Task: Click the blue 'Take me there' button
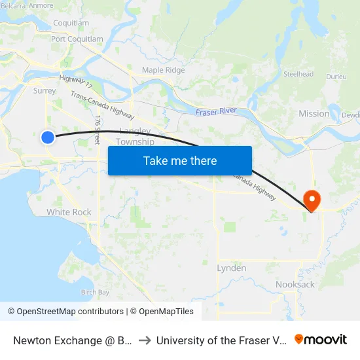point(179,160)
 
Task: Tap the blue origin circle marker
point(48,137)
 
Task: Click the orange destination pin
point(312,200)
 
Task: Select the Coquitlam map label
point(70,23)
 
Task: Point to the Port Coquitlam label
point(77,39)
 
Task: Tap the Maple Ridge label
point(164,70)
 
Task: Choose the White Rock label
point(69,212)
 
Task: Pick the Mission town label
point(314,114)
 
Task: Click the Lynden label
point(232,268)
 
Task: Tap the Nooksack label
point(295,285)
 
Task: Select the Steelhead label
point(298,75)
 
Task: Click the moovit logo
point(321,339)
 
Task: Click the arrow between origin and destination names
point(145,340)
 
